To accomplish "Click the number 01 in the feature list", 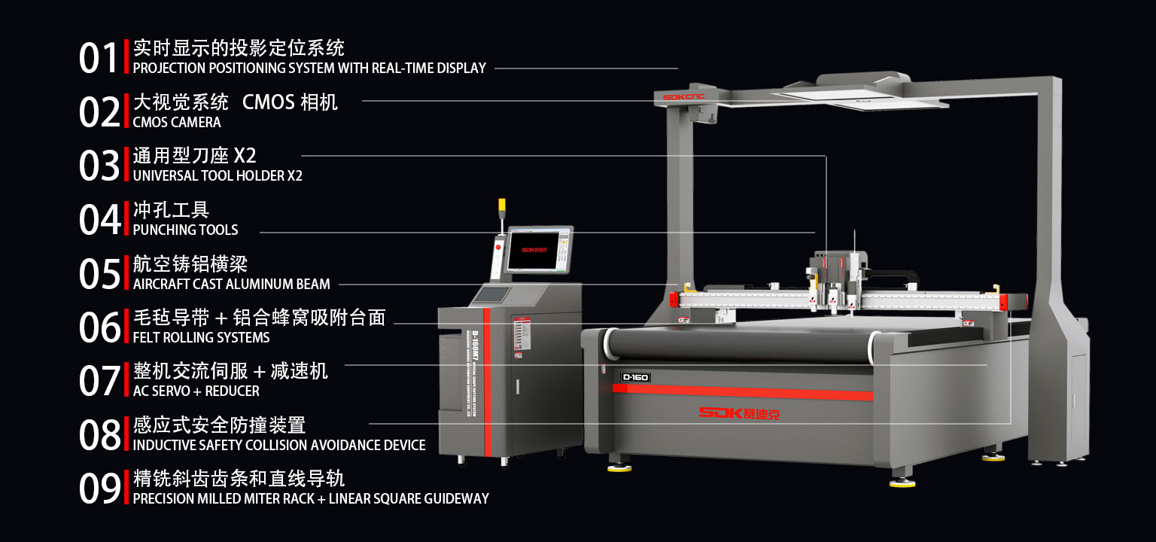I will click(99, 58).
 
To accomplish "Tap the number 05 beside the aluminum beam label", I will click(99, 274).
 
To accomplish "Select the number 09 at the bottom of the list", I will click(99, 489).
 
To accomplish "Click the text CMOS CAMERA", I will click(177, 122).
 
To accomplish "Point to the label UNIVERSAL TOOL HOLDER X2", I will click(218, 176).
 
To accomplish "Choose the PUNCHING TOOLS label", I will click(185, 230).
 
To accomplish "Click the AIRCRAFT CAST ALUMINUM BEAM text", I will click(231, 284).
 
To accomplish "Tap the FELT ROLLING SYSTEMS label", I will click(201, 337).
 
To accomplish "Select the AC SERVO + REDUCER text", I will click(196, 391).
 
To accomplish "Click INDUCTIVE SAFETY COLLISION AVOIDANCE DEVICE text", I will click(279, 445).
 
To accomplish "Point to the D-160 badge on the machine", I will click(635, 377).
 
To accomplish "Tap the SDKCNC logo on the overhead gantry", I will click(683, 97).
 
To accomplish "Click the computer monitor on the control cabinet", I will click(539, 249).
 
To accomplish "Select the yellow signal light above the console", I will click(502, 204).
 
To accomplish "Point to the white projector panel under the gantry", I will click(858, 98).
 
